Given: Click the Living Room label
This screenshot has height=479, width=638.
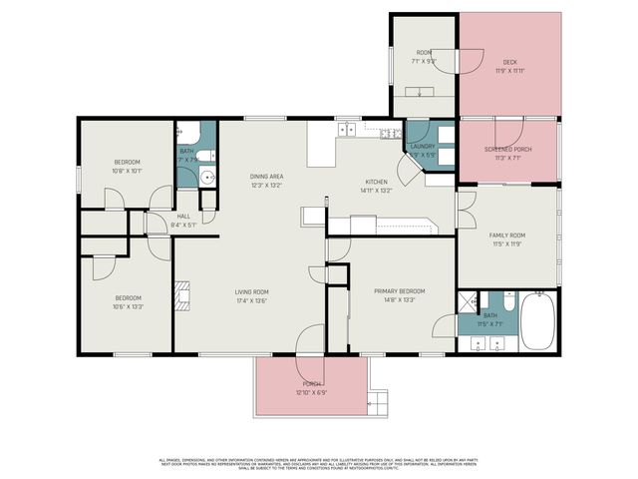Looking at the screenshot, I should [x=252, y=291].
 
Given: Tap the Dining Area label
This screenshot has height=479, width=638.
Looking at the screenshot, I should [x=266, y=177].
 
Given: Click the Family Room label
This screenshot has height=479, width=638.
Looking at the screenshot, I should [x=506, y=236].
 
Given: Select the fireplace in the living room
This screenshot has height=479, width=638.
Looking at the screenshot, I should [x=181, y=296].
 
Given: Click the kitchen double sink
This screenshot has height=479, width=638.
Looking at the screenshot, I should [x=347, y=130].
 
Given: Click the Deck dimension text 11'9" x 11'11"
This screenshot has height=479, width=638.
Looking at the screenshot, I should [x=509, y=71].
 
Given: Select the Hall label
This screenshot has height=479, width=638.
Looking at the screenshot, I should [x=183, y=217].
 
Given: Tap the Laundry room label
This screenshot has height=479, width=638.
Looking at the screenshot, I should [x=423, y=147].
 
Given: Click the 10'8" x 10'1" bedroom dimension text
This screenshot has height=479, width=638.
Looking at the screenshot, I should [x=128, y=171].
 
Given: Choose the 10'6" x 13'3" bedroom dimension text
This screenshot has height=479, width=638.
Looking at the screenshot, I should [x=128, y=306].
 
